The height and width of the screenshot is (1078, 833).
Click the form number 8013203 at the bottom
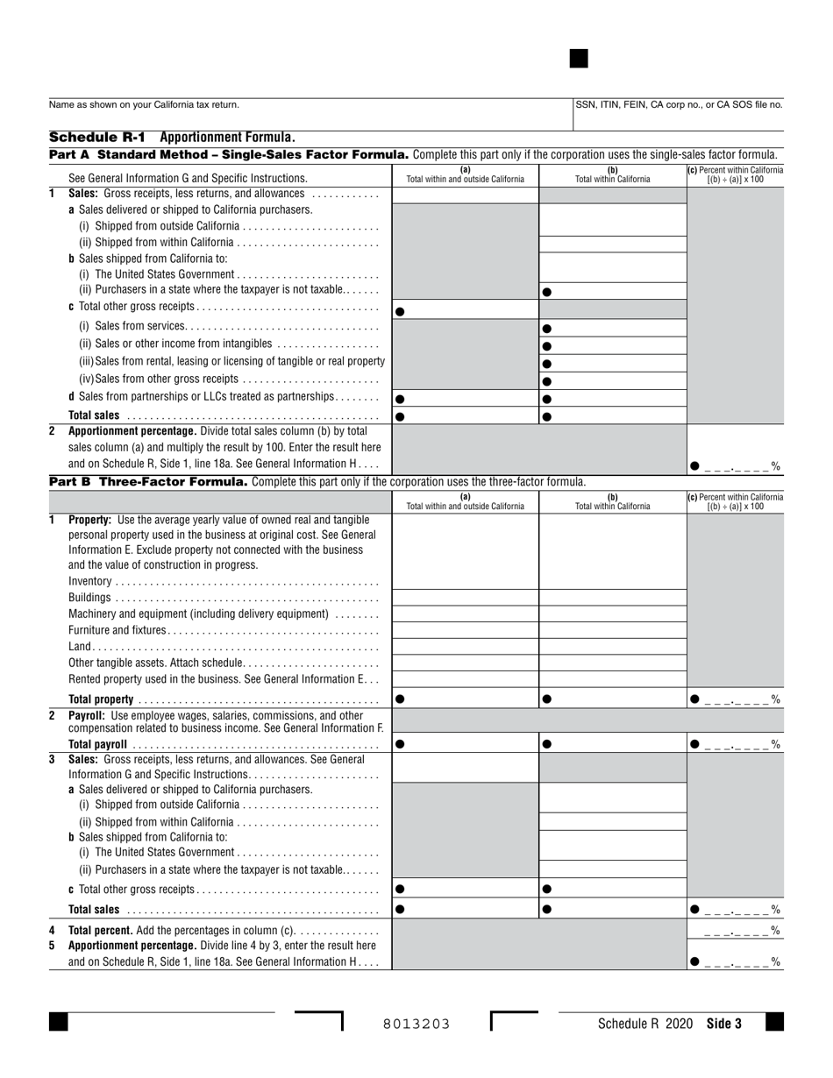point(416,1024)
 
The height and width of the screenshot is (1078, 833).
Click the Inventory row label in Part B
point(90,581)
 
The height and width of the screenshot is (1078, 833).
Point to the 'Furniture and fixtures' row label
point(117,630)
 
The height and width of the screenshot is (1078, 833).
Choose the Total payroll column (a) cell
point(465,744)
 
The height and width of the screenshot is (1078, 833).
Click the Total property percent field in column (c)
point(736,699)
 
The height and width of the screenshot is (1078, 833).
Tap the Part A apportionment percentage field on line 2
point(736,466)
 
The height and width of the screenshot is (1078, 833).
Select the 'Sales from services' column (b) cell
point(612,329)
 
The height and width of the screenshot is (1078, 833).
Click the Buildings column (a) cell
point(465,598)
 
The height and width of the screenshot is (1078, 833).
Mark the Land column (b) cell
point(612,647)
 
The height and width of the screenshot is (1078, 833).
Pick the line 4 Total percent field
point(736,930)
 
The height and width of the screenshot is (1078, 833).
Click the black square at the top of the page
point(579,59)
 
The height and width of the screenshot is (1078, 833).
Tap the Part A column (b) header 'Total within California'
point(612,175)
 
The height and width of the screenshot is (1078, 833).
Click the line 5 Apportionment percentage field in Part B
point(736,961)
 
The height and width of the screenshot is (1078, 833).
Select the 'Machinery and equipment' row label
point(198,613)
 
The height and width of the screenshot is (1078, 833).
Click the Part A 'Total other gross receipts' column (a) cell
point(465,310)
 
